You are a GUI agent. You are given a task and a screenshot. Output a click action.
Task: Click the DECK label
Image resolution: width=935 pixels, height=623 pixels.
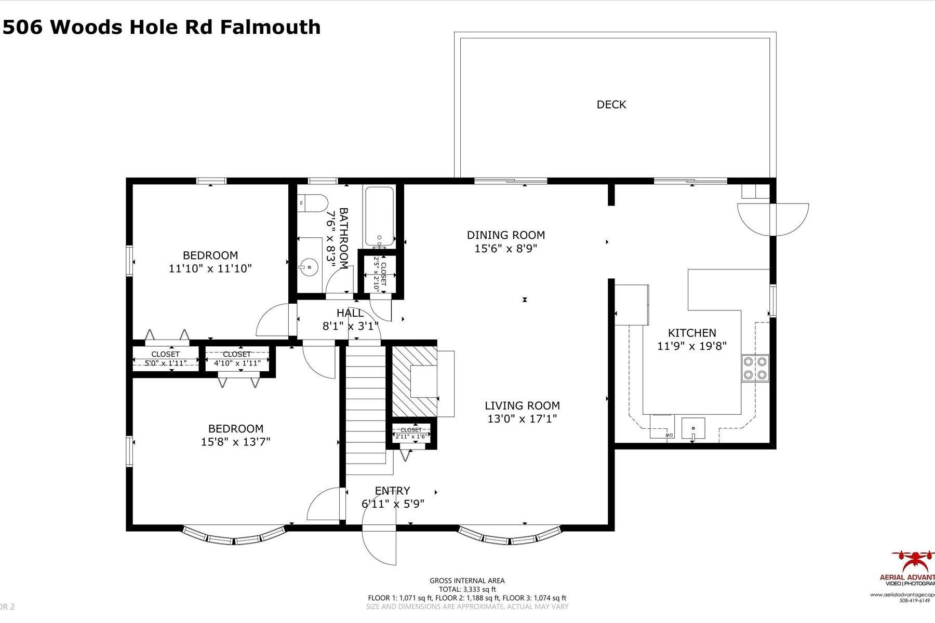point(611,104)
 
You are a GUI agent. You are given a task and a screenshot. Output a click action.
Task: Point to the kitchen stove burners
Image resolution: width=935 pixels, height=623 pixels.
point(755,368)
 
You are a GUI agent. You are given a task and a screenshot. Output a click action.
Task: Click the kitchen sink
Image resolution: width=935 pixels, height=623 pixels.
point(693,429)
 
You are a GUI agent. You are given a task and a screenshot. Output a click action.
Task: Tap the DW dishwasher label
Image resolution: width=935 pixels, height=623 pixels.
point(670,435)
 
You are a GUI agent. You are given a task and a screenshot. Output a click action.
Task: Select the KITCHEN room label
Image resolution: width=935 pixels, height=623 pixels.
point(692,333)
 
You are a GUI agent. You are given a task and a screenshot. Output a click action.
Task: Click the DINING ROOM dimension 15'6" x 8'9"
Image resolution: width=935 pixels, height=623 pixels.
point(505,249)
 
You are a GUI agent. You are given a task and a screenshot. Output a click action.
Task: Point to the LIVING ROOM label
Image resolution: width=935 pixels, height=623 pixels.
point(522,405)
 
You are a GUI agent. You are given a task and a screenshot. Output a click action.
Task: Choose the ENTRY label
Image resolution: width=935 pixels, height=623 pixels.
point(393,491)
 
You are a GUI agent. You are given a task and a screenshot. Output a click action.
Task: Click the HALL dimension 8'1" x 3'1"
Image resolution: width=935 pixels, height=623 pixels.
point(350,326)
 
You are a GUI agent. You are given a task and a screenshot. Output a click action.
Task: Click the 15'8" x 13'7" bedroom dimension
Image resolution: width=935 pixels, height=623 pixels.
point(236,442)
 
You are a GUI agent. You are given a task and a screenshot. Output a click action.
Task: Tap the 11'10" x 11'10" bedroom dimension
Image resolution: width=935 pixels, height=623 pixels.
point(210,268)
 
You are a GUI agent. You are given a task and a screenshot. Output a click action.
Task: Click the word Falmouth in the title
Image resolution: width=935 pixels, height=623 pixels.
point(270,27)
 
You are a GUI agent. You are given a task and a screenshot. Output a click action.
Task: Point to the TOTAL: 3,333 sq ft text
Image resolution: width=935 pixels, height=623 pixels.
point(467,589)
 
